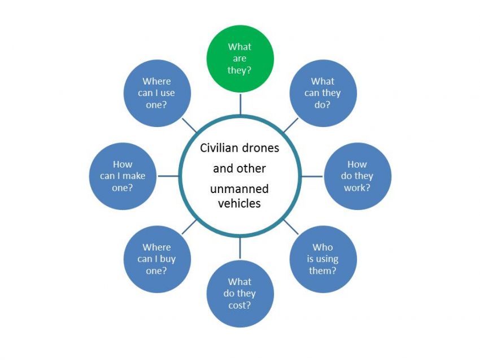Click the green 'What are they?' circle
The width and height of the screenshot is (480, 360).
(240, 59)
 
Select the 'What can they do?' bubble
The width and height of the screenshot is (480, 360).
(323, 93)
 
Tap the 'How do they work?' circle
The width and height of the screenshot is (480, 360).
(357, 176)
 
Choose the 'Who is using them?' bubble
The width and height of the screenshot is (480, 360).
(323, 260)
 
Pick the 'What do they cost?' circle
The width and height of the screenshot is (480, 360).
(240, 293)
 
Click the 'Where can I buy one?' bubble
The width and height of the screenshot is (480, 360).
(157, 260)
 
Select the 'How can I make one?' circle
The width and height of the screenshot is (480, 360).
(123, 176)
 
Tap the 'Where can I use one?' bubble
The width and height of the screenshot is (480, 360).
(157, 93)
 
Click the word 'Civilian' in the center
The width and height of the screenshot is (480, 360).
(219, 148)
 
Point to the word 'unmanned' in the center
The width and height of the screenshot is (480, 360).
(239, 188)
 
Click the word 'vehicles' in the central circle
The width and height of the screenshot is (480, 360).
(239, 203)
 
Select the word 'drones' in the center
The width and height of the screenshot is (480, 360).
(260, 148)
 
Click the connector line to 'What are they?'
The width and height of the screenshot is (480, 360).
(241, 104)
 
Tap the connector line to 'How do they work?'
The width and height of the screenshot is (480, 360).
(312, 176)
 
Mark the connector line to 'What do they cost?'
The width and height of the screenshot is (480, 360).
(240, 248)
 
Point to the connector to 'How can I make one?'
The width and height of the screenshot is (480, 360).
(168, 176)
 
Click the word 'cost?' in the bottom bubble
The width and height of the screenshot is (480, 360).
(239, 305)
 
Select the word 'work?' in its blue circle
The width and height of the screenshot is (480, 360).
(357, 187)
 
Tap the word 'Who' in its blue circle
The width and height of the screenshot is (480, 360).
(322, 247)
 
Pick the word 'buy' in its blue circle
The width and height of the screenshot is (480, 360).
(168, 260)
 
